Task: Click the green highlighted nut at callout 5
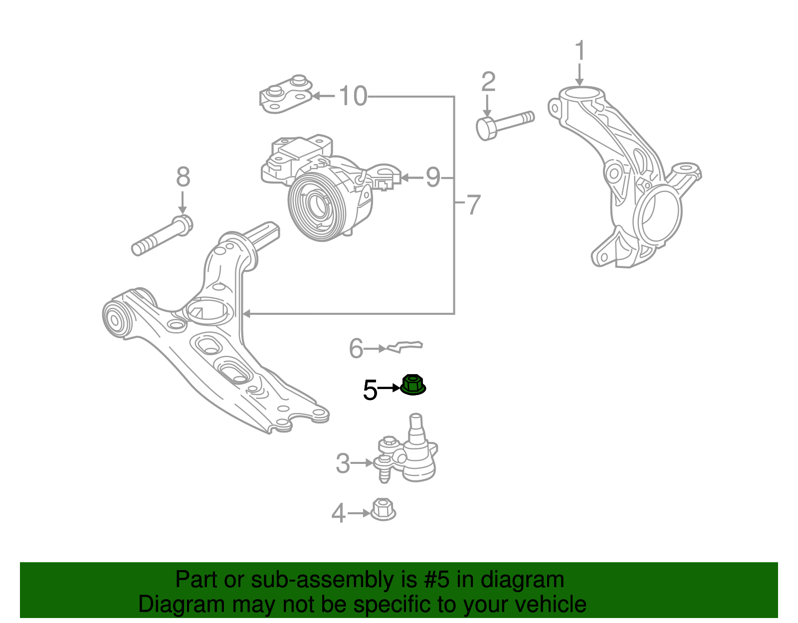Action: point(413,385)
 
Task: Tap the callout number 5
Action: point(370,390)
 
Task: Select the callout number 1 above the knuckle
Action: point(580,51)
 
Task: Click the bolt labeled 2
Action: point(504,125)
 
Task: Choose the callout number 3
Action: point(343,463)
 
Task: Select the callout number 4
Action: point(339,513)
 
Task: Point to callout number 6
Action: point(356,348)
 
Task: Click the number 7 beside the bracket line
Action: point(472,205)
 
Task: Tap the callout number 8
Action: point(183,177)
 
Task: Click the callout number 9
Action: point(433,177)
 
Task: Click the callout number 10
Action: point(353,96)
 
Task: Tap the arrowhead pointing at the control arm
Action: point(246,314)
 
